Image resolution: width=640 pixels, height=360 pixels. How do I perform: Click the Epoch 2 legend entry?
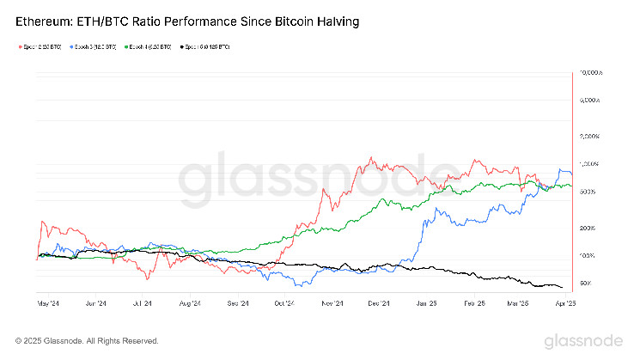click(x=40, y=46)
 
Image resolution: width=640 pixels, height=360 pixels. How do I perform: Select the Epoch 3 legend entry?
click(x=94, y=46)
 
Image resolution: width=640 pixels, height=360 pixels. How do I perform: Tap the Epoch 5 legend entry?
click(x=204, y=46)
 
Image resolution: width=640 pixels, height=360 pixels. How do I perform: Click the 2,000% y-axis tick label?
click(x=592, y=137)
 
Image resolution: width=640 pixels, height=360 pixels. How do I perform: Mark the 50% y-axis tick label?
click(x=588, y=283)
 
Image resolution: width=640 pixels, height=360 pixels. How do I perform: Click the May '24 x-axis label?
click(x=48, y=303)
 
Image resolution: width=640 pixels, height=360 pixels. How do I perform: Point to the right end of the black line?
click(x=563, y=287)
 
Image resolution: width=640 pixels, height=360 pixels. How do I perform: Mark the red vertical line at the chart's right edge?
click(x=572, y=172)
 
